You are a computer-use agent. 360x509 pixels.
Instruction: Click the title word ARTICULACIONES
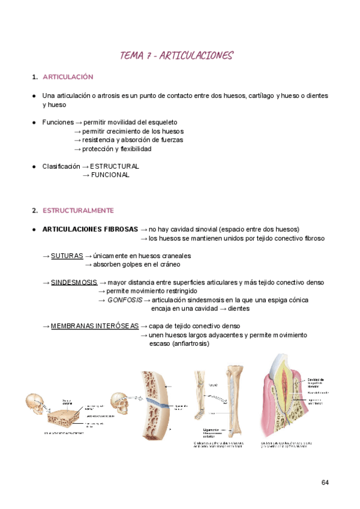pos(197,56)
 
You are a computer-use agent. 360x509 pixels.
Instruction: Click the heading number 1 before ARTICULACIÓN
pos(34,77)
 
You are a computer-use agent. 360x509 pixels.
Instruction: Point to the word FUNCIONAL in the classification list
pos(110,175)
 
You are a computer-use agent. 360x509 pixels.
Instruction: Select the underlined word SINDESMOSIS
pos(74,282)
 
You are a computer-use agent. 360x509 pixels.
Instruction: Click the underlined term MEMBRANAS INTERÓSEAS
pos(94,326)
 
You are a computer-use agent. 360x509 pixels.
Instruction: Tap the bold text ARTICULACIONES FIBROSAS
pos(90,229)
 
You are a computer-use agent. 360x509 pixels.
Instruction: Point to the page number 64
pos(325,483)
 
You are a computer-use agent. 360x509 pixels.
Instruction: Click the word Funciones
pos(58,122)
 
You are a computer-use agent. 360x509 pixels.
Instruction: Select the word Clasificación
pos(61,166)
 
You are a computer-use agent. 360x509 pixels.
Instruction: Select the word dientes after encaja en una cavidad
pos(239,309)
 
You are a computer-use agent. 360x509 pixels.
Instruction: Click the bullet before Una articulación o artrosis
pos(34,96)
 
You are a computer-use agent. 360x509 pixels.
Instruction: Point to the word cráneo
pos(168,265)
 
